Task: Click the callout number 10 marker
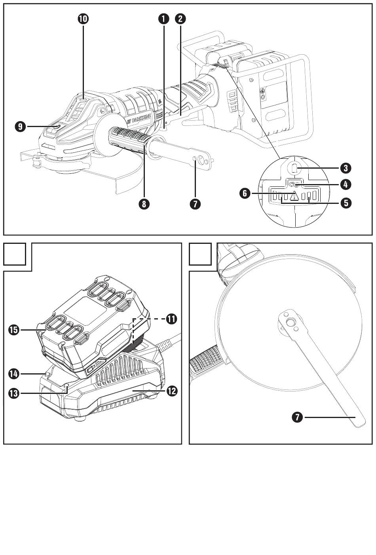tap(83, 19)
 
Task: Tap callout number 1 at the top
tap(163, 19)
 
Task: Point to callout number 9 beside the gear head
tap(20, 127)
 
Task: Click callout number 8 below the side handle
tap(144, 204)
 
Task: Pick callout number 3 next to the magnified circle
tap(346, 168)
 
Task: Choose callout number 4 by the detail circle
tap(346, 184)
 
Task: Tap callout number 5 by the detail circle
tap(346, 203)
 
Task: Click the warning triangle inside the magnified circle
tap(294, 196)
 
